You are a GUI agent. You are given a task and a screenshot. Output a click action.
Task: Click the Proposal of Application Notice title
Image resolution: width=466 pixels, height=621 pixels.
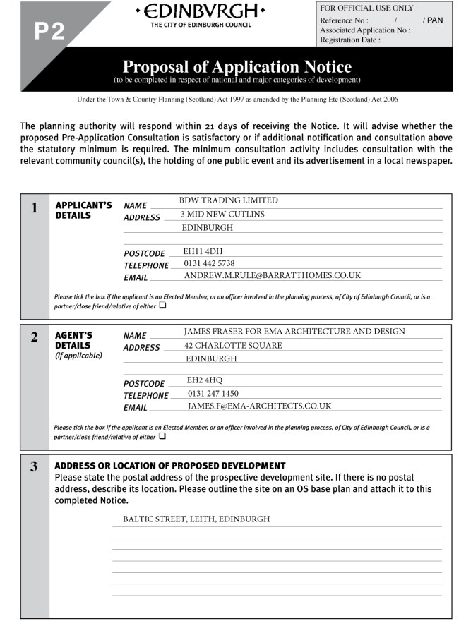coord(237,67)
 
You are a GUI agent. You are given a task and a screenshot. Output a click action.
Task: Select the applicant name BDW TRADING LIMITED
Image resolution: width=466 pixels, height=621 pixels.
coord(229,200)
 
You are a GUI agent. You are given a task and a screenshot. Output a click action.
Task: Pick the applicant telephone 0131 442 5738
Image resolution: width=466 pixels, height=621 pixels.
coord(209,263)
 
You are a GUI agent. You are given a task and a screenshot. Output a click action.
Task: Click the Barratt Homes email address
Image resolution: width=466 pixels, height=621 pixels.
coord(273,275)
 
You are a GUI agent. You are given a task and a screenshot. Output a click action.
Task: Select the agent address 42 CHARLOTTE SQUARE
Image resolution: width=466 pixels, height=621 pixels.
coord(233,345)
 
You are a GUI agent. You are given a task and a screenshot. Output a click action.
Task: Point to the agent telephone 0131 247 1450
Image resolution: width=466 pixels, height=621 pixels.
coord(213,393)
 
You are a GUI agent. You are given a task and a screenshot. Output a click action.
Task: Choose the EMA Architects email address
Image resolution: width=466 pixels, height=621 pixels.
coord(259,406)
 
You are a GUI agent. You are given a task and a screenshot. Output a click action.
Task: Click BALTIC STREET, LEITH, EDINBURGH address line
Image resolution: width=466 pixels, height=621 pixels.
coord(196,519)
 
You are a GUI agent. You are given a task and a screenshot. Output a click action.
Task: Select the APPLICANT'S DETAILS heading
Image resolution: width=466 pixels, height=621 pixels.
coord(83,210)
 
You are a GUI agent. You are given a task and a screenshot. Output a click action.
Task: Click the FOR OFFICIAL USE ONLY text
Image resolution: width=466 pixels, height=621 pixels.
coord(367,8)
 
